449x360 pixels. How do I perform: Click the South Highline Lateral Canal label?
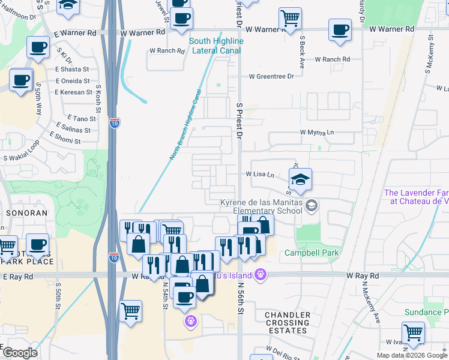pos(217,46)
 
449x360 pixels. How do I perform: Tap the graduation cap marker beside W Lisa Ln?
pos(301,179)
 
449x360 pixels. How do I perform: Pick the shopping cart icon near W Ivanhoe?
pos(413,332)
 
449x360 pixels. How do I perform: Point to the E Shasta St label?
pos(73,70)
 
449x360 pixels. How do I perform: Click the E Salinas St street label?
pos(73,130)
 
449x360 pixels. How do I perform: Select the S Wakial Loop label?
pos(21,158)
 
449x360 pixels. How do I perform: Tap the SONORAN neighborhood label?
pos(22,213)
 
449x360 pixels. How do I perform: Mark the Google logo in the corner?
pos(19,353)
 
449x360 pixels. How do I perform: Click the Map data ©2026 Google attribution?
pos(412,355)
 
